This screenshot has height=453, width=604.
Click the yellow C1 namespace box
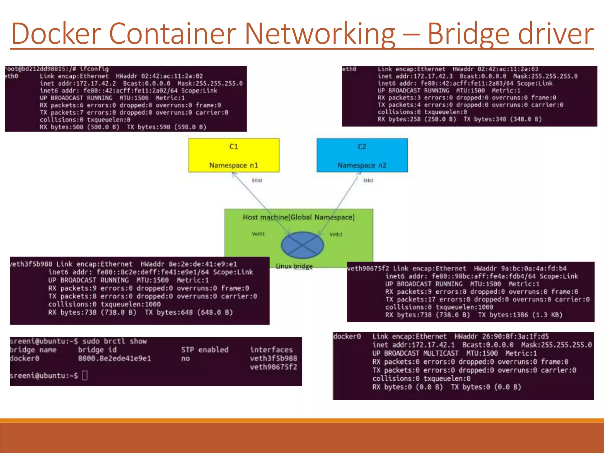[x=234, y=155]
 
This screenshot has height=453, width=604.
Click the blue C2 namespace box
[x=362, y=155]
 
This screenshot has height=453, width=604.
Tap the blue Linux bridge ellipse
[x=302, y=245]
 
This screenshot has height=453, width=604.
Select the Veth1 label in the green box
[x=258, y=234]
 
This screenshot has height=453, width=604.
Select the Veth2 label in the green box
[x=336, y=234]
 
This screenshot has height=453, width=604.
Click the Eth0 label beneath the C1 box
[x=257, y=180]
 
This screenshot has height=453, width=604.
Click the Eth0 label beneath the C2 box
[x=368, y=180]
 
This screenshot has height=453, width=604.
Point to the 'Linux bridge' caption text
[x=294, y=266]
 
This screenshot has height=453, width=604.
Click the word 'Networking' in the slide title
[x=320, y=34]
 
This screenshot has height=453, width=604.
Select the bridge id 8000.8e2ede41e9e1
[x=114, y=359]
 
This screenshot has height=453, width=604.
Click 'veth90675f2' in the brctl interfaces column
[x=273, y=367]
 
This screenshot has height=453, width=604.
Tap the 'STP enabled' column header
[x=205, y=350]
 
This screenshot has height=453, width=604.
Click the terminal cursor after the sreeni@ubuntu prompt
[x=85, y=375]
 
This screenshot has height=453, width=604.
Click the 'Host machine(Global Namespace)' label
[x=298, y=217]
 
